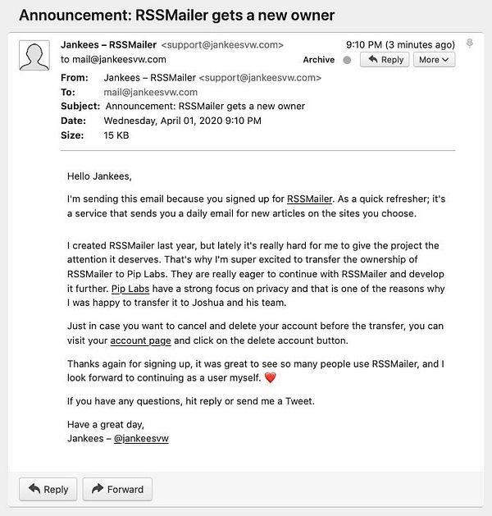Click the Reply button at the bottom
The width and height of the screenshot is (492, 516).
click(48, 490)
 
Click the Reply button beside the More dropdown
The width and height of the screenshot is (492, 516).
click(384, 60)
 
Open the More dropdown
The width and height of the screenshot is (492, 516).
click(435, 60)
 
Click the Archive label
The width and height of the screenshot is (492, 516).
click(319, 60)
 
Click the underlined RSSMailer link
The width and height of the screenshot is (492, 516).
click(309, 199)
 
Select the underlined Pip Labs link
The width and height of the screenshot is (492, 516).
click(130, 289)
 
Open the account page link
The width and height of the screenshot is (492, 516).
click(140, 340)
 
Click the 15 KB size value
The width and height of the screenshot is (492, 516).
click(117, 135)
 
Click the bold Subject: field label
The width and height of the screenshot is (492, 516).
click(81, 107)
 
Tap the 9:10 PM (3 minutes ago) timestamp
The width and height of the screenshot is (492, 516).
click(400, 45)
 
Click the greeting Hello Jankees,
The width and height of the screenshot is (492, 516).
click(99, 175)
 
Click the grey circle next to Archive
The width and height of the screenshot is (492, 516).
click(347, 60)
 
